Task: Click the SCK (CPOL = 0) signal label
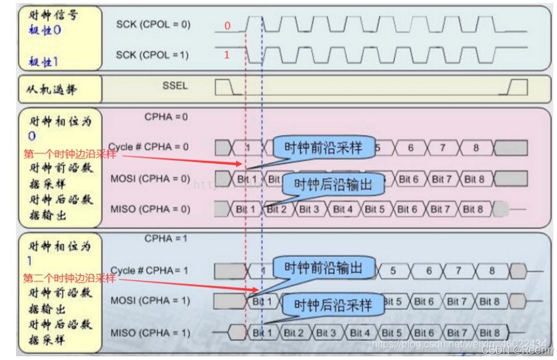153,25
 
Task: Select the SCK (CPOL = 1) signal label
153,55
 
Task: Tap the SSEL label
175,85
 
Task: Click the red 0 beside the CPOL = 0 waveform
227,26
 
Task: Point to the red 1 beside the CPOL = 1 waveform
227,55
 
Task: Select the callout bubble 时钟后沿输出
333,184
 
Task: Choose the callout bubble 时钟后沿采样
333,304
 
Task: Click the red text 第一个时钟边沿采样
70,154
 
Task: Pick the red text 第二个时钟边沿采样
70,278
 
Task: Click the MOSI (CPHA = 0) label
150,179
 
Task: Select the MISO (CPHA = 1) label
150,333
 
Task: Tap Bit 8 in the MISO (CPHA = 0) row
473,209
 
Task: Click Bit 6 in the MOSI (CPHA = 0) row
408,179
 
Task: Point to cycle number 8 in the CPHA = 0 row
475,148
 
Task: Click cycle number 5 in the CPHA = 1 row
393,271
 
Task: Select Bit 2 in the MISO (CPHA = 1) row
294,333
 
